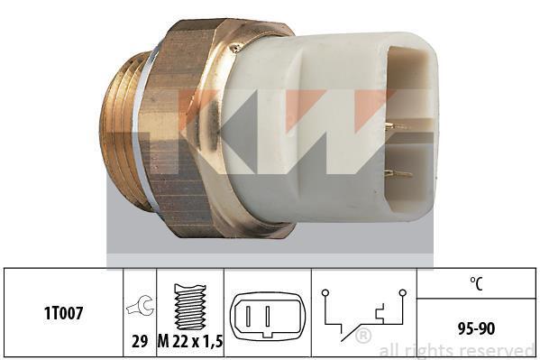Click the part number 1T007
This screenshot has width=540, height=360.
tap(63, 313)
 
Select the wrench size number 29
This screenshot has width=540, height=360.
tap(140, 341)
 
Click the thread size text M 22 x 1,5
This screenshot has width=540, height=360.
tap(190, 341)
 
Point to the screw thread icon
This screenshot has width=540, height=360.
tap(190, 307)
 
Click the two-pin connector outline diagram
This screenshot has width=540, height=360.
tap(268, 316)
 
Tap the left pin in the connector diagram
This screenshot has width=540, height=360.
tap(248, 316)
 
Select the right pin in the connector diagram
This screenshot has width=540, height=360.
tap(267, 316)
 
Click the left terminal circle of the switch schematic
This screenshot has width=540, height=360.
tap(325, 293)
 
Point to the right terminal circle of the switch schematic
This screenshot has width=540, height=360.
tap(402, 293)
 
